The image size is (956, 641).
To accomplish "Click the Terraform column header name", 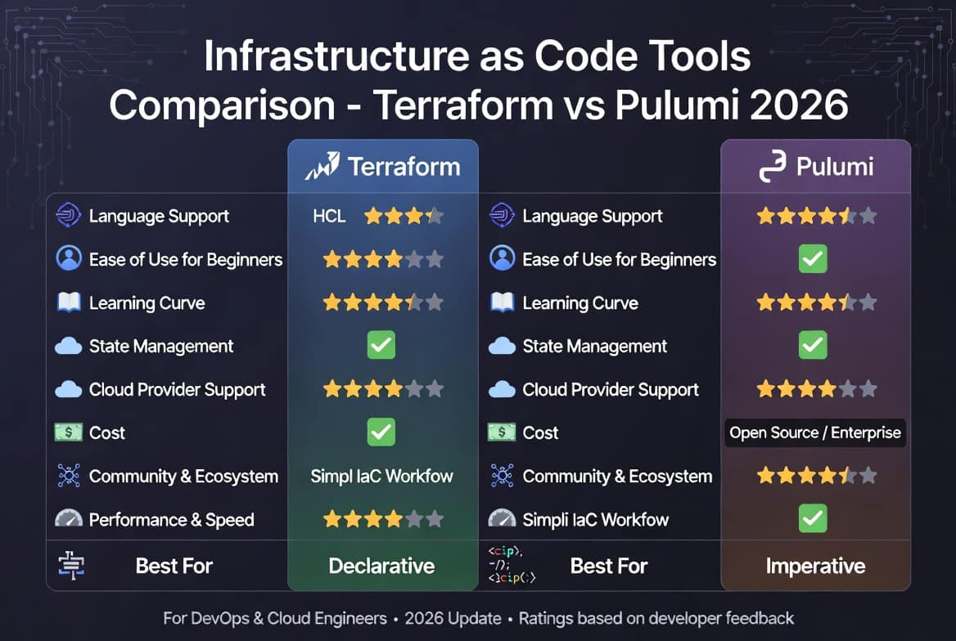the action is (x=404, y=166).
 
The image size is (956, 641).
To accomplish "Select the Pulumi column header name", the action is (x=835, y=166).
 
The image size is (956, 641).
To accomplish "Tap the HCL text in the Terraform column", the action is (x=329, y=216).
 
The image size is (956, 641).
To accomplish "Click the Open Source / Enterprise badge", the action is (x=815, y=433).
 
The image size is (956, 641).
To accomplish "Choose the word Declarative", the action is (x=381, y=566).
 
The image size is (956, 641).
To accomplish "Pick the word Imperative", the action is (x=815, y=566).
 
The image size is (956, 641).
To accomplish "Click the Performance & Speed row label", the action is (x=171, y=520).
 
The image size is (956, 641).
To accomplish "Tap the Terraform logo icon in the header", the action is (x=322, y=166).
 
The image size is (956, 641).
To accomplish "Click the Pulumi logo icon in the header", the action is (x=772, y=166).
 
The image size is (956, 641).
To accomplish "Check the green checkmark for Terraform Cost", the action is (x=381, y=432).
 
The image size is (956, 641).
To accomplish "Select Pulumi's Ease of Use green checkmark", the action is (x=813, y=259).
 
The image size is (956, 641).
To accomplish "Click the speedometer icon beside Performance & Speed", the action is (x=69, y=518).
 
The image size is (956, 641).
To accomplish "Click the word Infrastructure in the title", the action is (x=337, y=56).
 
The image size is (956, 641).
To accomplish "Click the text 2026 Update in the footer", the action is (x=453, y=618).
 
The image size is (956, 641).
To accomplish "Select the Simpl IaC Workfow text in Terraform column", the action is (x=381, y=476).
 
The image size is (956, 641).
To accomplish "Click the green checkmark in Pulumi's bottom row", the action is (x=813, y=518).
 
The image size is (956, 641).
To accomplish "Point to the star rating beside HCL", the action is (x=404, y=216).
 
